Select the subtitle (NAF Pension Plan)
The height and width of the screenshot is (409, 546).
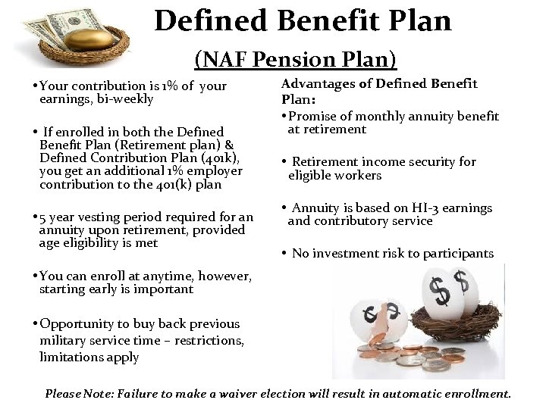tap(296, 58)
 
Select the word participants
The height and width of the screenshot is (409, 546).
tap(456, 253)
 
